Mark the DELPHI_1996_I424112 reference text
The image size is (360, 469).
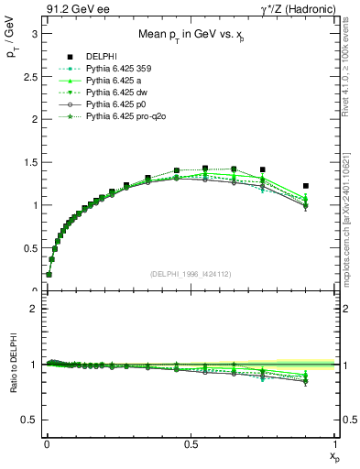[190, 273]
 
